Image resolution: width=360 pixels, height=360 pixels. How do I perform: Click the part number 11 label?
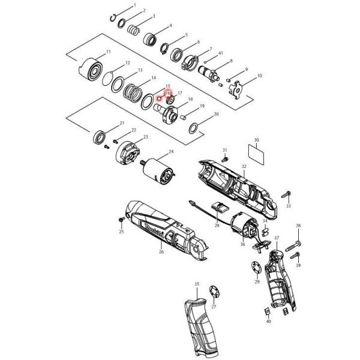pos(109,53)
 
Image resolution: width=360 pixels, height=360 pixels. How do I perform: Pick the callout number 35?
pos(196,283)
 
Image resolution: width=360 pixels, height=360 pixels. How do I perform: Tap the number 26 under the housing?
pos(161,253)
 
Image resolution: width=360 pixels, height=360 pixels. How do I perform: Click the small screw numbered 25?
pos(121,220)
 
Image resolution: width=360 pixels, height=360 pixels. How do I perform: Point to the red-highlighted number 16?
pos(168,94)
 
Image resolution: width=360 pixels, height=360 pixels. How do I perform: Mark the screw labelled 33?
pos(287,194)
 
